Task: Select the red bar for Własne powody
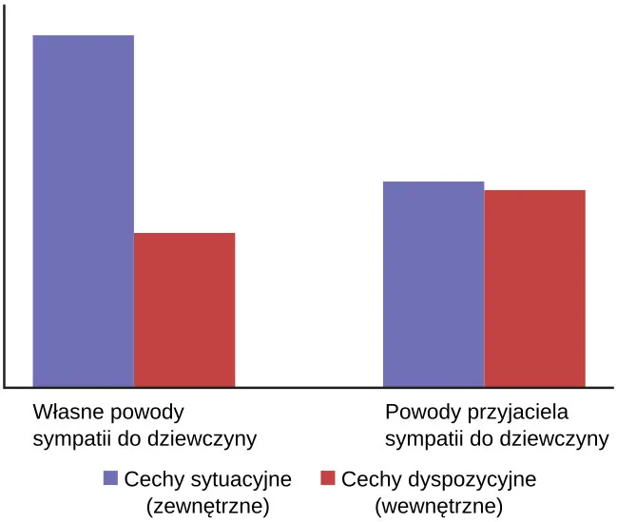(184, 310)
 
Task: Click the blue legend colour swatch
(111, 478)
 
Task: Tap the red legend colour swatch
(328, 478)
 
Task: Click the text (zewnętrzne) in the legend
(204, 504)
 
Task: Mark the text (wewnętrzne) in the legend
(439, 504)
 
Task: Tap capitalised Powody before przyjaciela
(419, 415)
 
